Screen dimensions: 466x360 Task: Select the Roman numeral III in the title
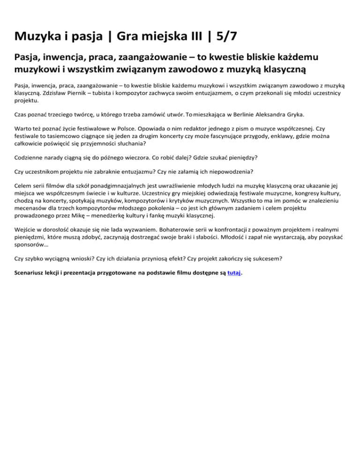(x=185, y=35)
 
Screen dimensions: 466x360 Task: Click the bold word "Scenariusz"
(x=32, y=272)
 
